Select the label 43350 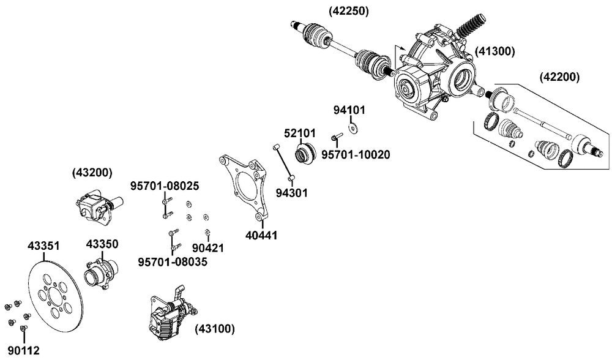coord(102,244)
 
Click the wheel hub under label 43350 coord(98,272)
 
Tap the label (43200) coord(92,173)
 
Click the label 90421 coord(208,248)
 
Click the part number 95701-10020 coord(356,154)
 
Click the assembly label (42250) coord(347,10)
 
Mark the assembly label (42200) coord(559,77)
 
